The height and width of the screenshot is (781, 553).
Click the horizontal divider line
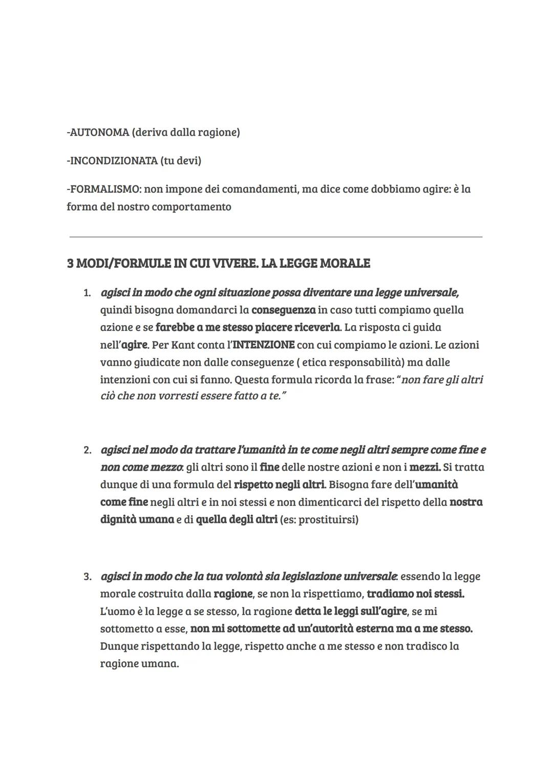point(275,237)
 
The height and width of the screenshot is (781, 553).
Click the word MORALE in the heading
point(345,264)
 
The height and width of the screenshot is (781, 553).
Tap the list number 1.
point(87,293)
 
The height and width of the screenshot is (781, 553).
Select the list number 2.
point(87,451)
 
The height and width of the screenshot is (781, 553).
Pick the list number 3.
point(87,577)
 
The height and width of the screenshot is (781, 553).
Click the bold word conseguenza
point(283,310)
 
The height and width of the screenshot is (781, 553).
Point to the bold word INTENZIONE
point(263,345)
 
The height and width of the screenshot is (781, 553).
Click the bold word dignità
point(119,519)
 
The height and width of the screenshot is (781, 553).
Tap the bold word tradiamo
point(391,594)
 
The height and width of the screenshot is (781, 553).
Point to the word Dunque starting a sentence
point(120,646)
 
